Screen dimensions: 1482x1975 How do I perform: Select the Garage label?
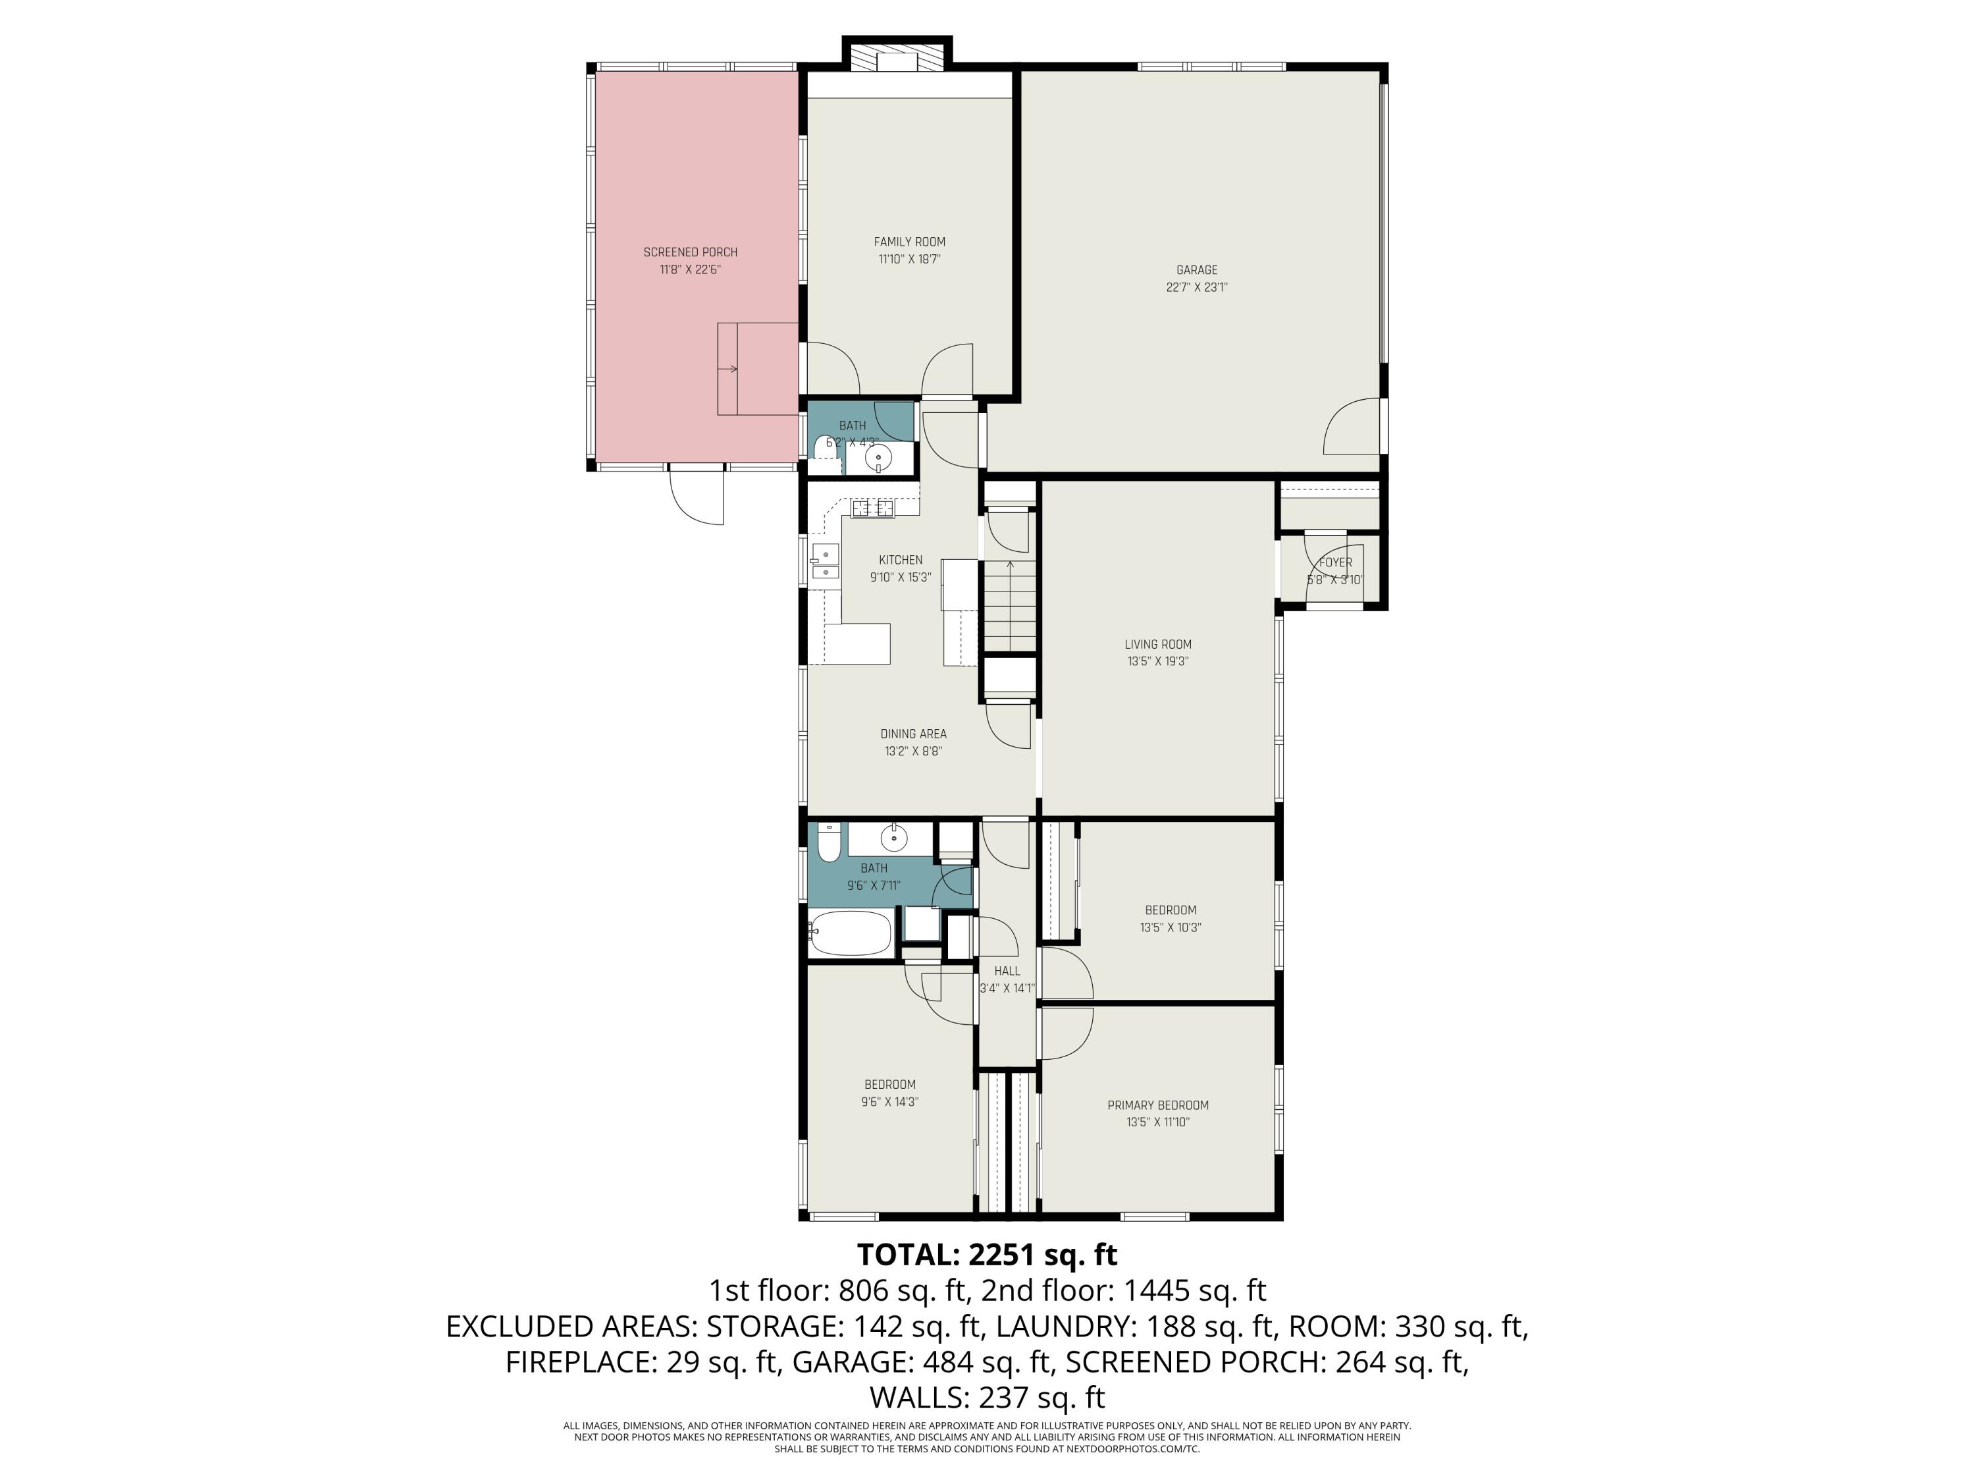point(1196,270)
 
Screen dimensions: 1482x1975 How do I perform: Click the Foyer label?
point(1335,563)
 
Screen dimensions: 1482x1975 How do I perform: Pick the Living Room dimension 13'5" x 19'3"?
point(1157,662)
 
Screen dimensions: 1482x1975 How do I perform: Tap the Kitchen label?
point(900,560)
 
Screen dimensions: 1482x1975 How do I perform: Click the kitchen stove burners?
point(872,508)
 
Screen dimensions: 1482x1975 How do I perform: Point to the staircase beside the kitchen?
point(1009,605)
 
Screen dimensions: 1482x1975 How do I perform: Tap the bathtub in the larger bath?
point(850,933)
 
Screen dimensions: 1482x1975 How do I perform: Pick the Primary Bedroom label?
point(1158,1105)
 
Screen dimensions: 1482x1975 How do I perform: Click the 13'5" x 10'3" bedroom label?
point(1170,910)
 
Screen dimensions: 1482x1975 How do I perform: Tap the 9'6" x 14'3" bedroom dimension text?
point(889,1103)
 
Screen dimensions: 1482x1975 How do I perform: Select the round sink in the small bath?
point(879,456)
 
